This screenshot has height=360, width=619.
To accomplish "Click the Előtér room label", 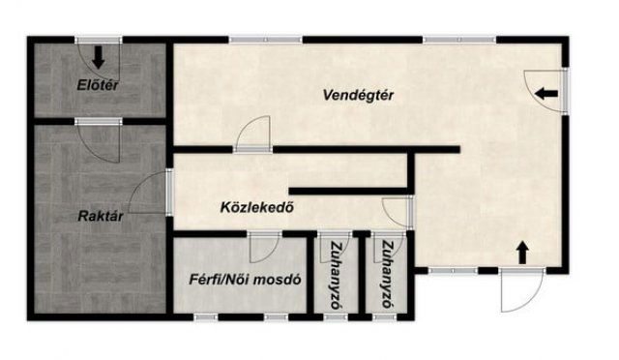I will (98, 85).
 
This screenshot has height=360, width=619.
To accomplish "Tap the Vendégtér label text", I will (360, 94).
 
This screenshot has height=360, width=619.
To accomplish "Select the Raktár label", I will (99, 217).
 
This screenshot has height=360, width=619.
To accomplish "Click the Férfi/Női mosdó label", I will (246, 281).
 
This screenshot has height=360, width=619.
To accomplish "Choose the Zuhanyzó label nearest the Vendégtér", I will (388, 273).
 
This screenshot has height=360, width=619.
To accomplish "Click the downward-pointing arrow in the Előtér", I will (99, 57).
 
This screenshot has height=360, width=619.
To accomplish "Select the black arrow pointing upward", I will (523, 252).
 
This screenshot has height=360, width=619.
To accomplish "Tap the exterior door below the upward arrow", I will (517, 289).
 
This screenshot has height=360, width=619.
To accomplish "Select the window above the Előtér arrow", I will (99, 40).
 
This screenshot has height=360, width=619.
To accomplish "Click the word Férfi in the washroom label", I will (206, 281).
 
